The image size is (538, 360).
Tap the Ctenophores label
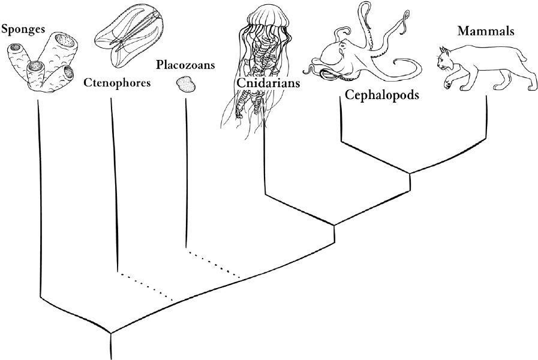click(x=116, y=83)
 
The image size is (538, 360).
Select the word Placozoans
click(x=185, y=64)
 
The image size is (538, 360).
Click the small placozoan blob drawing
click(x=187, y=85)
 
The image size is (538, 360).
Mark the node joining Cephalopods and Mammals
click(x=410, y=174)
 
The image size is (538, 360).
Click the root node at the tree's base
click(x=111, y=332)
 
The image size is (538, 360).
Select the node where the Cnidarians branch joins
click(x=333, y=226)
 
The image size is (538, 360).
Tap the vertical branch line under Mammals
click(x=485, y=120)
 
